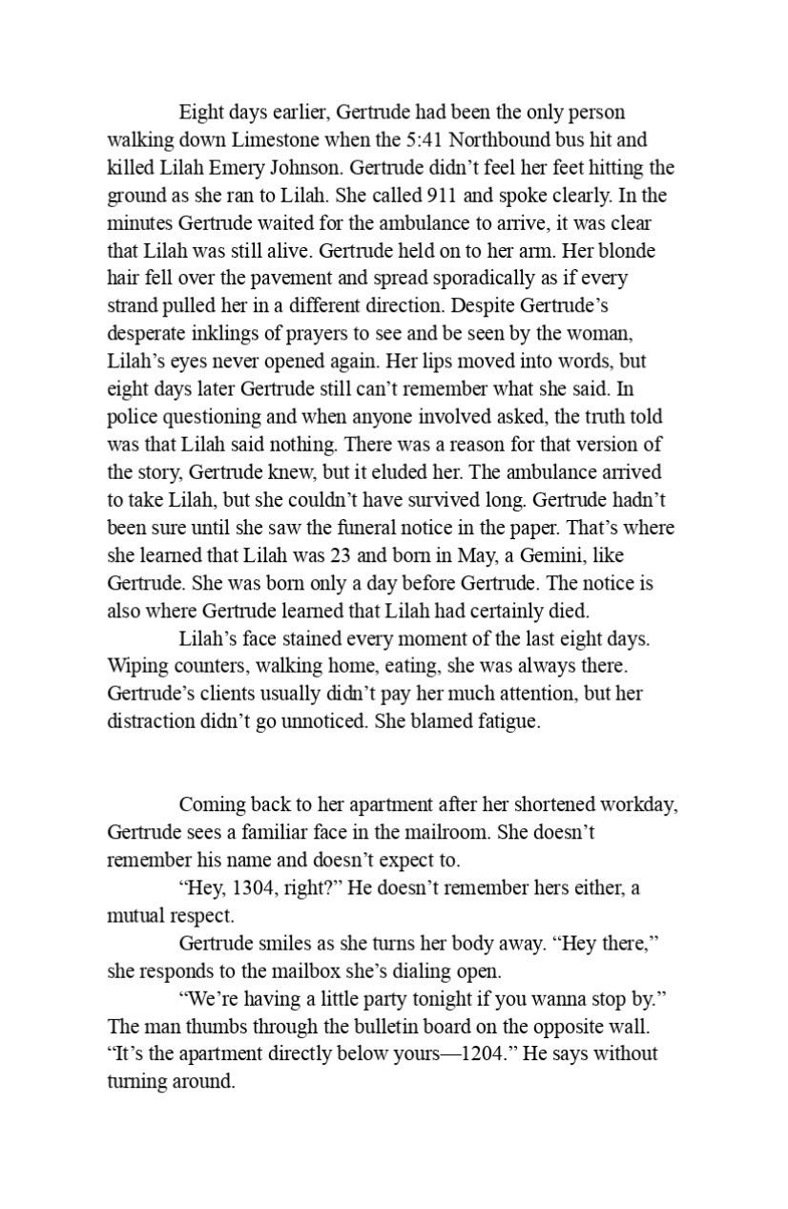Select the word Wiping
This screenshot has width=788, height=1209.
click(135, 666)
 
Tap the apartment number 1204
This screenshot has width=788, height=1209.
click(483, 1054)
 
